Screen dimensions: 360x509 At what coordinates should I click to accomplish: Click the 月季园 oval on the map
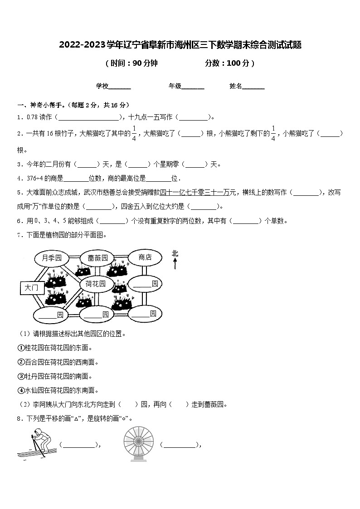51,258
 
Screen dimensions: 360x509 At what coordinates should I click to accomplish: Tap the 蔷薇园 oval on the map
97,258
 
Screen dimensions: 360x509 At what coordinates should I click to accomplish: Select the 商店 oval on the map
145,257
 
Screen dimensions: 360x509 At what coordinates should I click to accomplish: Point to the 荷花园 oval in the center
96,284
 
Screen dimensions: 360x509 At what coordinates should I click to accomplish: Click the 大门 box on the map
32,287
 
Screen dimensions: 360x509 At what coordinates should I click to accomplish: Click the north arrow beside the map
175,263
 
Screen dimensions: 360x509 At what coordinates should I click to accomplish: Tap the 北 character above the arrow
175,253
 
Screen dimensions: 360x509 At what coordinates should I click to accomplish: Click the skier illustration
38,444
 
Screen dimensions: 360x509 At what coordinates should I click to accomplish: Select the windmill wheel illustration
138,444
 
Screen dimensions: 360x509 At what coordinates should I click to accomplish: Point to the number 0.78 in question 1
32,117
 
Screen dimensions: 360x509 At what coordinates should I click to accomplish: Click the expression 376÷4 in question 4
33,178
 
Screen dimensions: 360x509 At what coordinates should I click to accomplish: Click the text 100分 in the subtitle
237,63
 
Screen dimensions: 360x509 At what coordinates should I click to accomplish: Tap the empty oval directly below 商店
145,284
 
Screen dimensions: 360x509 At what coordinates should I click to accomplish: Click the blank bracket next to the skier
79,445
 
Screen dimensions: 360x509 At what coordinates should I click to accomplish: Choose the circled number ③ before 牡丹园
20,376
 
